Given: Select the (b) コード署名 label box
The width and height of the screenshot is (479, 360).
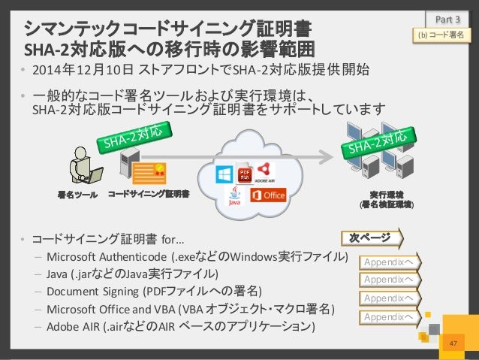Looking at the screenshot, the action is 439,35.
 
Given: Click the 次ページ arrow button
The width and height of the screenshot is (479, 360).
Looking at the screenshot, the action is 371,240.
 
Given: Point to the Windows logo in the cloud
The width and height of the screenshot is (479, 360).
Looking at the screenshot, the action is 224,175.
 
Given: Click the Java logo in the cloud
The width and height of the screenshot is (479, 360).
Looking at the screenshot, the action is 235,197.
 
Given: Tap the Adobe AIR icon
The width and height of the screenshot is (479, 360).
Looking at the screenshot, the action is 264,172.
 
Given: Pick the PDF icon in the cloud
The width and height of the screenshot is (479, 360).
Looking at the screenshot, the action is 243,173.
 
